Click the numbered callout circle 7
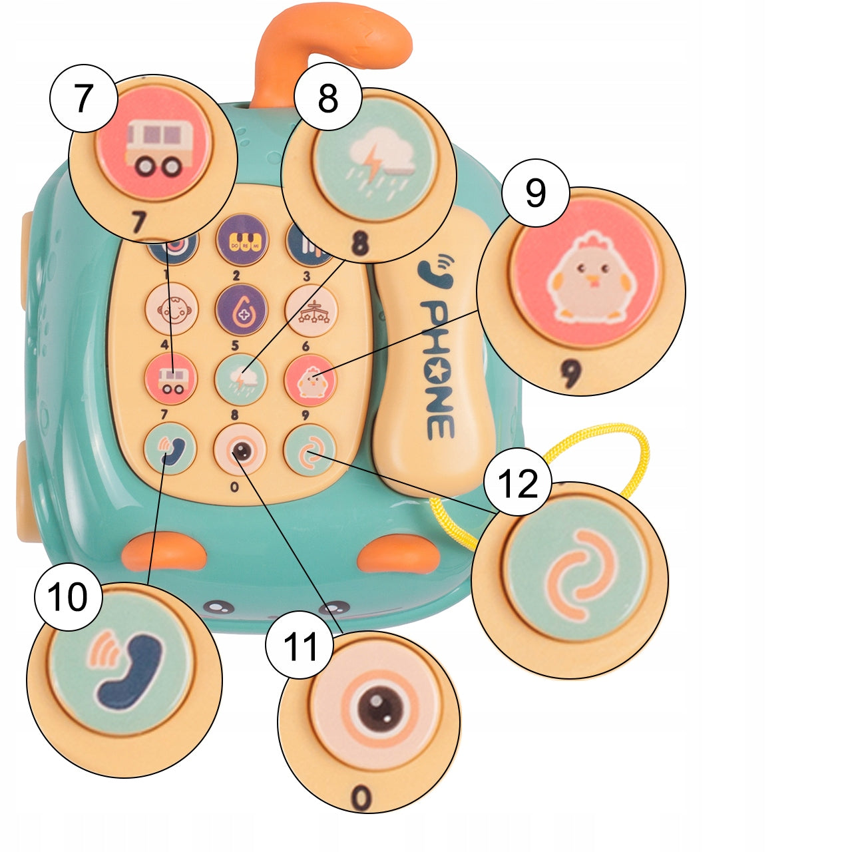(83, 99)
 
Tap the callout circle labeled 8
(328, 99)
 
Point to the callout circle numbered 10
(68, 596)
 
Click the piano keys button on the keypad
(242, 240)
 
